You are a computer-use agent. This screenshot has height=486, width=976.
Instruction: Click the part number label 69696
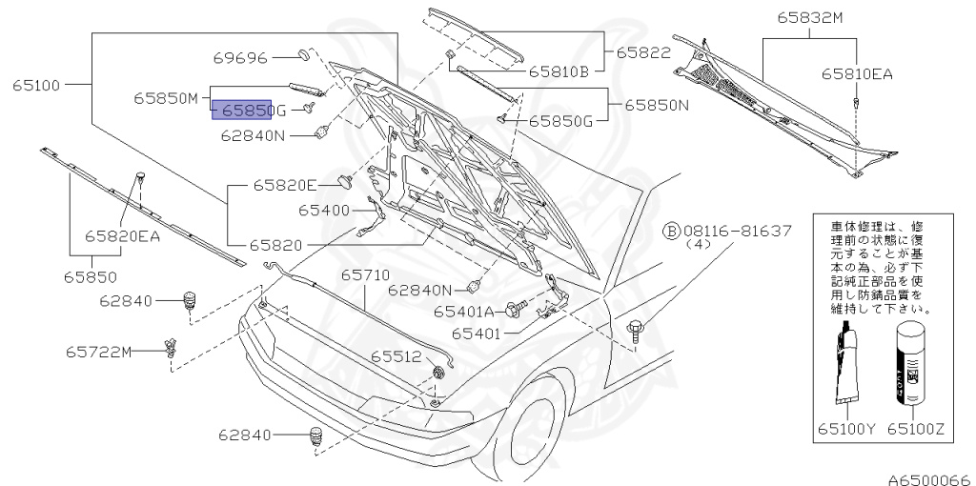point(240,57)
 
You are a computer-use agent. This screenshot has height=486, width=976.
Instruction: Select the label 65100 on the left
point(37,85)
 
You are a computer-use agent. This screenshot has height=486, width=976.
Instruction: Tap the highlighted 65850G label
point(242,111)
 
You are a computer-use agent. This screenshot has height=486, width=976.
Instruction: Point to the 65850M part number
point(165,97)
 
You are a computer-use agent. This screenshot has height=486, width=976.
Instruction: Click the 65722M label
point(98,352)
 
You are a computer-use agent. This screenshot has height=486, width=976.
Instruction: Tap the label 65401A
point(464,311)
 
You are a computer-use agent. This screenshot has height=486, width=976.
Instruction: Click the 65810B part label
point(559,70)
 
